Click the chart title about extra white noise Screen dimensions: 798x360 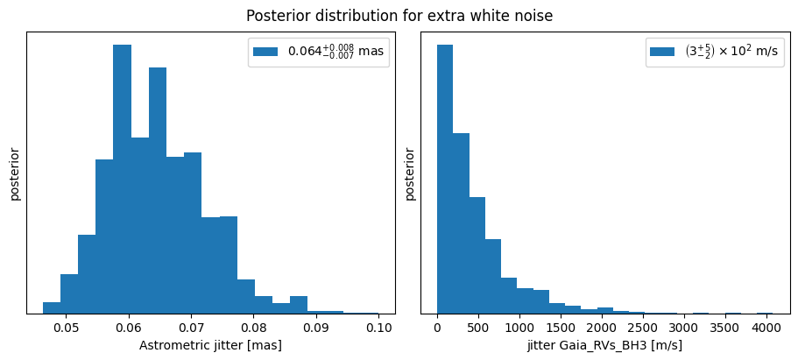399,16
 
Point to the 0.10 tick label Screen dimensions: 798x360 378,328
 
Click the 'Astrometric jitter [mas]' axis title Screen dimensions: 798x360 210,346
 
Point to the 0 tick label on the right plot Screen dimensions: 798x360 437,328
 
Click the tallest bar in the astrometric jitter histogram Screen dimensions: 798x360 122,179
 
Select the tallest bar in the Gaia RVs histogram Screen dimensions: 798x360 445,179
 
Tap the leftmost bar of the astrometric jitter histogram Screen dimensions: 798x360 52,307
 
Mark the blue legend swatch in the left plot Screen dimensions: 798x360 266,51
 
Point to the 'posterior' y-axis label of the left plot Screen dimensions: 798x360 15,174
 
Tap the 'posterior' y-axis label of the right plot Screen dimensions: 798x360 410,174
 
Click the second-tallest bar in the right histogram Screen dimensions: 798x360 461,223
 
